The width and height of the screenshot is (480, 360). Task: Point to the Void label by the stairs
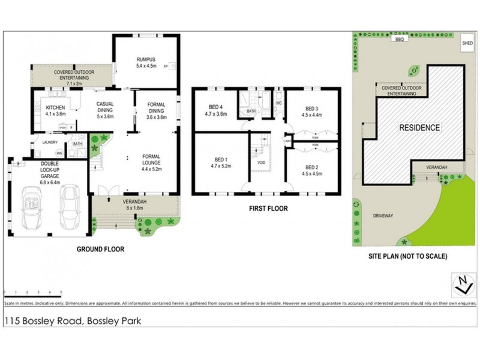(x=261, y=162)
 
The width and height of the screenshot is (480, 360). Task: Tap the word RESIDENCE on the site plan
(x=421, y=128)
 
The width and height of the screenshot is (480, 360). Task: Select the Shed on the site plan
(x=467, y=43)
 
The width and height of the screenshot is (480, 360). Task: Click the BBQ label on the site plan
(x=397, y=38)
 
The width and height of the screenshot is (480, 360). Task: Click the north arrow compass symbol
(x=461, y=284)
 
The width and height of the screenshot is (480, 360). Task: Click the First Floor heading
(x=269, y=209)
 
